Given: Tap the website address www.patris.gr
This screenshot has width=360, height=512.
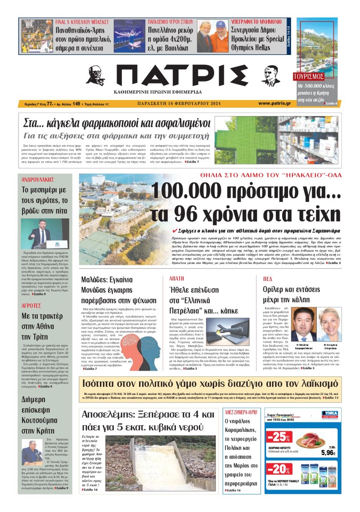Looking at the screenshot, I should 274,104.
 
